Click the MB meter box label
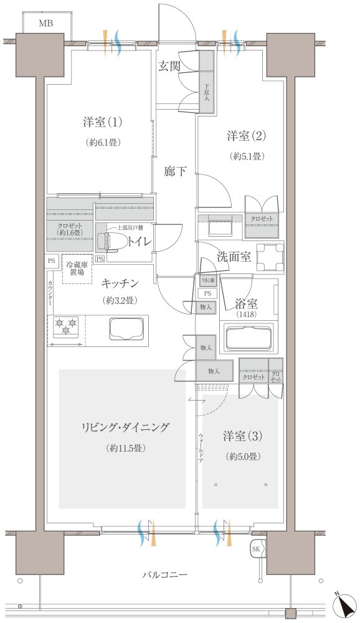tap(45, 24)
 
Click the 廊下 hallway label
tap(175, 172)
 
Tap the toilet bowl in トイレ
tap(105, 240)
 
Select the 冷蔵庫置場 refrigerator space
tap(77, 269)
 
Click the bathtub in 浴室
tap(247, 339)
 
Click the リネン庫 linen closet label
tap(207, 282)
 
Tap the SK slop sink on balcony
tap(256, 549)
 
